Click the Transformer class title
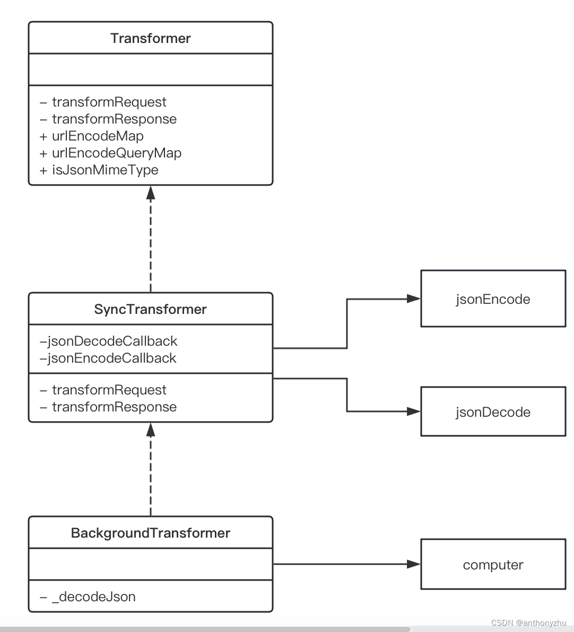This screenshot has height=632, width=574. pyautogui.click(x=151, y=38)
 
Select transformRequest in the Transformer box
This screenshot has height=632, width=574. pyautogui.click(x=109, y=102)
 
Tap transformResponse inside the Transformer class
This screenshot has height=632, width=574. pyautogui.click(x=114, y=119)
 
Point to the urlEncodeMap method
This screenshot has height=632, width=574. pyautogui.click(x=98, y=136)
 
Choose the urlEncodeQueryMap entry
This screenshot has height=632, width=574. pyautogui.click(x=117, y=153)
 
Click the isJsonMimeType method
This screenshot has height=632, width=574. pyautogui.click(x=105, y=170)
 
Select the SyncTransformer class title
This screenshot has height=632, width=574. pyautogui.click(x=151, y=309)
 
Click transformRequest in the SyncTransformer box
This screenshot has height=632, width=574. pyautogui.click(x=109, y=390)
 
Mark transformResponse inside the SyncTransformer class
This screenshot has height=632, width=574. pyautogui.click(x=114, y=407)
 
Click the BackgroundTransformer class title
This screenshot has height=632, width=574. pyautogui.click(x=151, y=533)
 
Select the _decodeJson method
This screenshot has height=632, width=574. pyautogui.click(x=93, y=596)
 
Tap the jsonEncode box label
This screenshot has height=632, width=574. pyautogui.click(x=493, y=299)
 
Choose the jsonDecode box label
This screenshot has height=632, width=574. pyautogui.click(x=493, y=412)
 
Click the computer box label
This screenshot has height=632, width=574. pyautogui.click(x=493, y=565)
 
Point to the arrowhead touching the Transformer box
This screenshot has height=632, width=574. pyautogui.click(x=151, y=192)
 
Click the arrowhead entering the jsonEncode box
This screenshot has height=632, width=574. pyautogui.click(x=414, y=299)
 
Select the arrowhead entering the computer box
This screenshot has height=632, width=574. pyautogui.click(x=414, y=564)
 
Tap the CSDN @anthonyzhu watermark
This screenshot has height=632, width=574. pyautogui.click(x=528, y=623)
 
